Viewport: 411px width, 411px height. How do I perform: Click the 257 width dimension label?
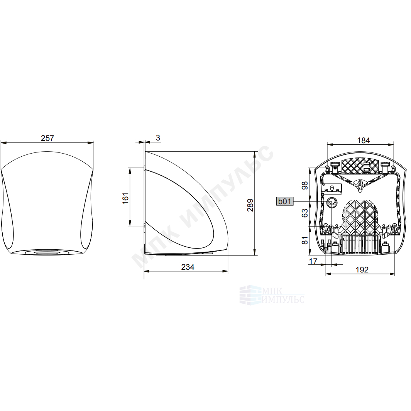pyautogui.click(x=47, y=138)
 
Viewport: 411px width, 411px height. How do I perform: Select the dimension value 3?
pyautogui.click(x=158, y=138)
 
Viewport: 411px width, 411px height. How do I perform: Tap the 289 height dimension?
pyautogui.click(x=250, y=205)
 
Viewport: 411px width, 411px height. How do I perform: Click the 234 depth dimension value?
pyautogui.click(x=188, y=267)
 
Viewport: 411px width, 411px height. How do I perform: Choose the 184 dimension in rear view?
pyautogui.click(x=363, y=140)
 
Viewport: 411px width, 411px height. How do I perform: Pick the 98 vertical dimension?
pyautogui.click(x=304, y=185)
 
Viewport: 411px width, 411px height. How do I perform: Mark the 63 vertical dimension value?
pyautogui.click(x=304, y=213)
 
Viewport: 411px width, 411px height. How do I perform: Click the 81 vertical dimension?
pyautogui.click(x=304, y=240)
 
